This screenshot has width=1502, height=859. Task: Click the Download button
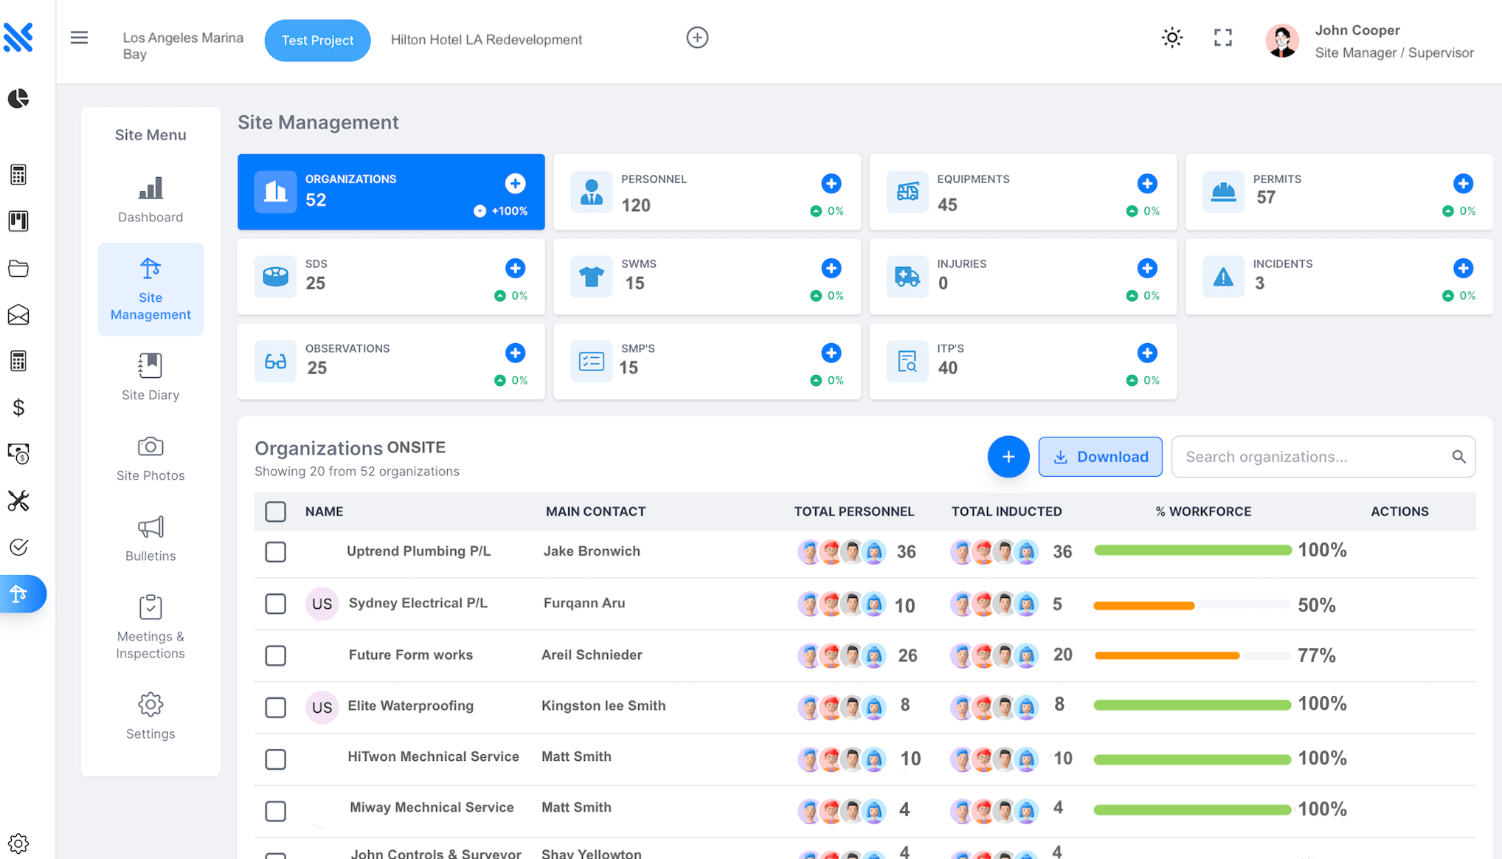[1100, 457]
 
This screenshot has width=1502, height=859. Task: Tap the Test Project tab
[317, 41]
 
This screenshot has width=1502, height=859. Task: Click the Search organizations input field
[1313, 457]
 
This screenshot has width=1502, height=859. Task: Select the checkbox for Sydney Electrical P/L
[275, 604]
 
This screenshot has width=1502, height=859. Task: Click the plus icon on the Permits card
[1463, 184]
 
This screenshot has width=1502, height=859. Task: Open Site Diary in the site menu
[150, 376]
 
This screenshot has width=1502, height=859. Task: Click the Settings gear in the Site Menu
[150, 715]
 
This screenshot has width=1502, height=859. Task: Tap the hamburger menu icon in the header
[79, 38]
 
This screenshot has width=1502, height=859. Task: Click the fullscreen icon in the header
[1222, 38]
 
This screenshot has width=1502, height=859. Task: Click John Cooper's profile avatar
[1281, 41]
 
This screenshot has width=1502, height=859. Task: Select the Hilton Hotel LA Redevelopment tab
[486, 40]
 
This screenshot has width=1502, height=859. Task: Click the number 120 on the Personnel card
[635, 205]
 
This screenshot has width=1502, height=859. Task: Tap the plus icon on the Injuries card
[1146, 269]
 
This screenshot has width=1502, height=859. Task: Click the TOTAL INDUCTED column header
[1006, 511]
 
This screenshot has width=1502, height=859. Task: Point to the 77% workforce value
[1316, 655]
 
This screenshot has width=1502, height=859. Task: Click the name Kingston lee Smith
[603, 706]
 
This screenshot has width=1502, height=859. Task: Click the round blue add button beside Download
[1008, 457]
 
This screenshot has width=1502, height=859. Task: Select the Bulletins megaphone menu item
[150, 538]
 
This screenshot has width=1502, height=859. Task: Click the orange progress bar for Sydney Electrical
[1143, 605]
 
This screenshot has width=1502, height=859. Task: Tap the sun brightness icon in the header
[1172, 38]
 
